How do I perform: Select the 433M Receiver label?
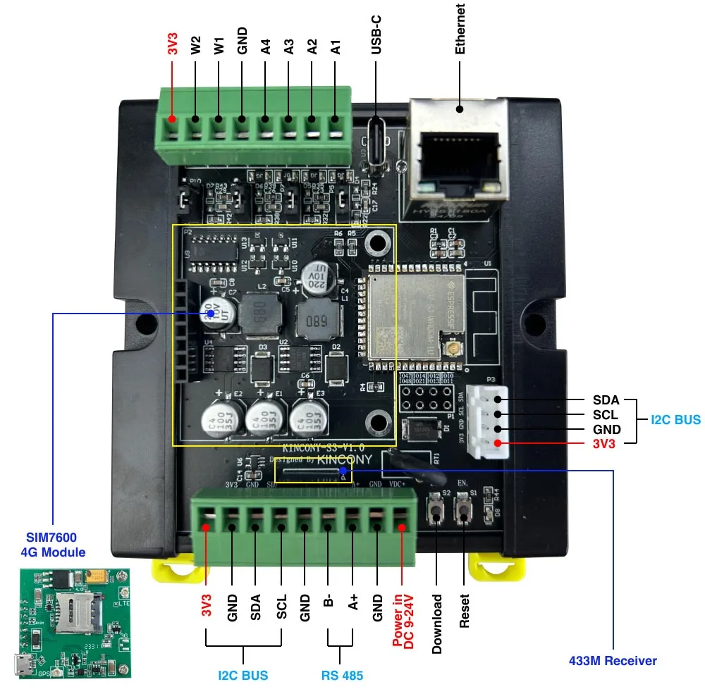612,661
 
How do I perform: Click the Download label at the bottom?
438,624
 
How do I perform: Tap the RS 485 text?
342,676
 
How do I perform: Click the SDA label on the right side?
606,400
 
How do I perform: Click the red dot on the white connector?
498,442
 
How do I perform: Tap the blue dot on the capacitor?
210,314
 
